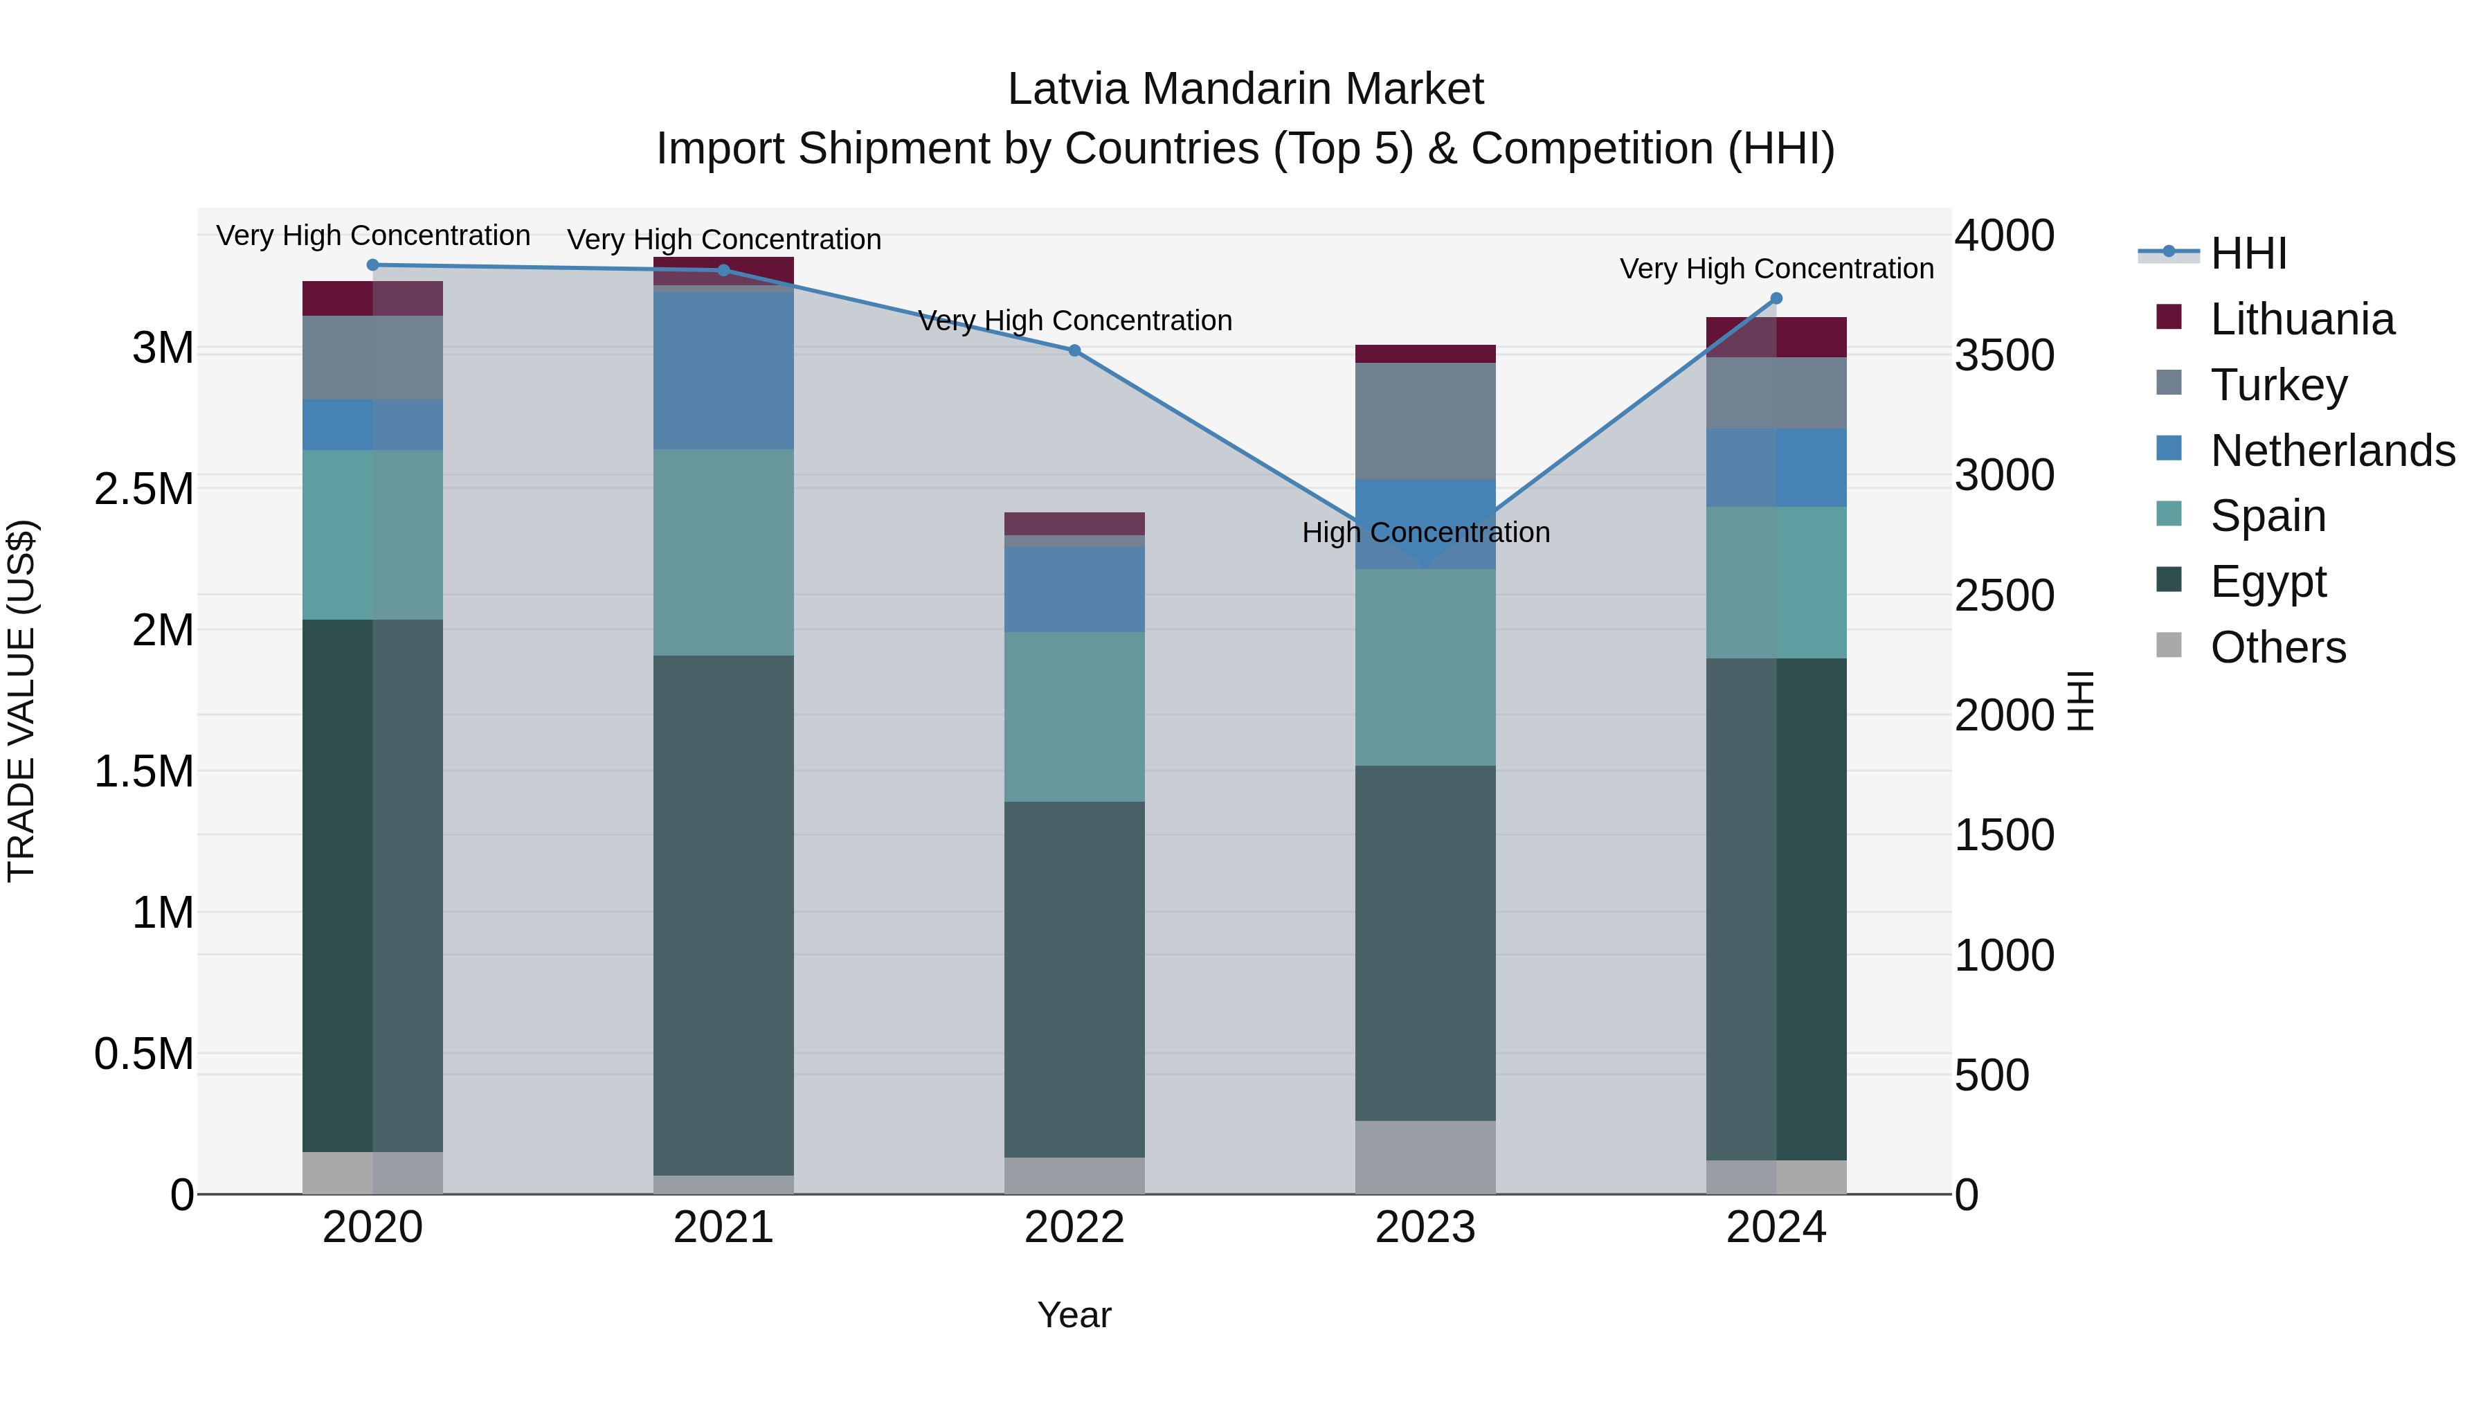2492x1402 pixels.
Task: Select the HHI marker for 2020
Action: point(372,264)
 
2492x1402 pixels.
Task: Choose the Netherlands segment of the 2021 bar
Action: point(723,370)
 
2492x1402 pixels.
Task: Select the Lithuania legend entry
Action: point(2302,319)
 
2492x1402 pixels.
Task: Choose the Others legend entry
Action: point(2277,647)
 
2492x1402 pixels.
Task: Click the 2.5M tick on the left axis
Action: point(144,489)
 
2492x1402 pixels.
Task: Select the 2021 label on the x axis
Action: point(723,1228)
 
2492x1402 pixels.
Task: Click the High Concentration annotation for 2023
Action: point(1425,532)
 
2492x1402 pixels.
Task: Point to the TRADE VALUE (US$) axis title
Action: point(21,701)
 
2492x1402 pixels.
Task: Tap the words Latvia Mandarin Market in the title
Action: point(1245,89)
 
